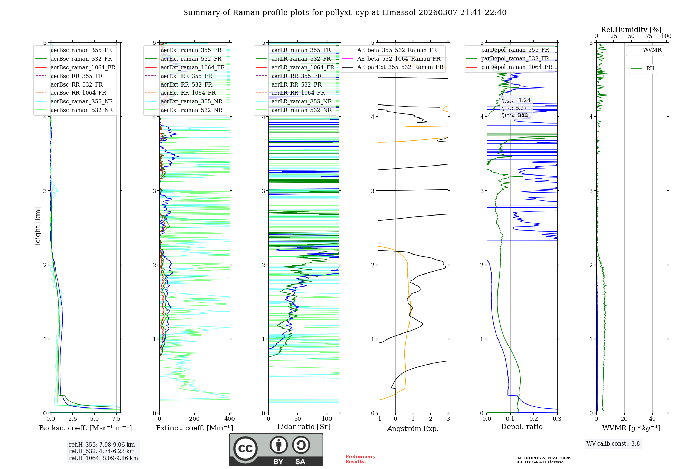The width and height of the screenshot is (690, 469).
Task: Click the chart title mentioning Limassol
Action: coord(345,13)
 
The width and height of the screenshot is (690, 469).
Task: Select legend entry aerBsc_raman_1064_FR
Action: coord(83,67)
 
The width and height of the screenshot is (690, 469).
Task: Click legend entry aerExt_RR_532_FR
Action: coord(186,84)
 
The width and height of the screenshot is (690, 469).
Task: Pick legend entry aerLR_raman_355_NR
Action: coord(301,101)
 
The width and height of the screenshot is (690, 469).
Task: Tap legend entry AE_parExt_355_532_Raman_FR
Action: coord(400,67)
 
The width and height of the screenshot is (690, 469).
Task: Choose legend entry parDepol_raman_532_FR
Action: coord(515,58)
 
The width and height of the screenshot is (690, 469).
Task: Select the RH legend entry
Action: coord(650,69)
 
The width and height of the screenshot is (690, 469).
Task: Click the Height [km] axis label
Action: coord(38,228)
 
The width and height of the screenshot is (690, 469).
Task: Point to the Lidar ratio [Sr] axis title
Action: coord(304,427)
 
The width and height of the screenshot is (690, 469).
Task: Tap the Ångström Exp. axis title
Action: coord(413,428)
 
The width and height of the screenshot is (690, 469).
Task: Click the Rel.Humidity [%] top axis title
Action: coord(631,30)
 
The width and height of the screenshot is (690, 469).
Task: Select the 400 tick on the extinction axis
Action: coord(230,419)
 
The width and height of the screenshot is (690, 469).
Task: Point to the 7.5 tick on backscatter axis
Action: coord(116,419)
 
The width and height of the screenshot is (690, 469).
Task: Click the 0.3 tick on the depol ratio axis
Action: coord(557,419)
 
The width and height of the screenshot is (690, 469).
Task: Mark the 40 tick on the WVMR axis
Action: coord(652,419)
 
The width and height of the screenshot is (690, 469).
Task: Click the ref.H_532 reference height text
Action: coord(102,451)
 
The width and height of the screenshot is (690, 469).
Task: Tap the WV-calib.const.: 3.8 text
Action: coord(613,444)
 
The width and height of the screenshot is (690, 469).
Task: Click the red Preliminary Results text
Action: coord(360,459)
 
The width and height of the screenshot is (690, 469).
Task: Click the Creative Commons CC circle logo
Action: coord(245,448)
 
